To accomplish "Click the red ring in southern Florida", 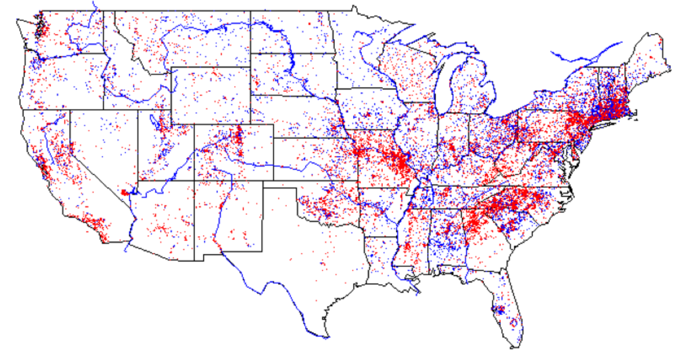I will click(x=513, y=323).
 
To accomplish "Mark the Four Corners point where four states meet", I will click(x=194, y=181).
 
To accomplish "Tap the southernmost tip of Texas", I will click(x=327, y=336).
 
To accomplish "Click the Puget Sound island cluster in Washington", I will click(x=40, y=26).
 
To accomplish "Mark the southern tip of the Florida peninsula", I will click(x=515, y=345).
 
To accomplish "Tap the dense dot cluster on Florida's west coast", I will click(x=497, y=310).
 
